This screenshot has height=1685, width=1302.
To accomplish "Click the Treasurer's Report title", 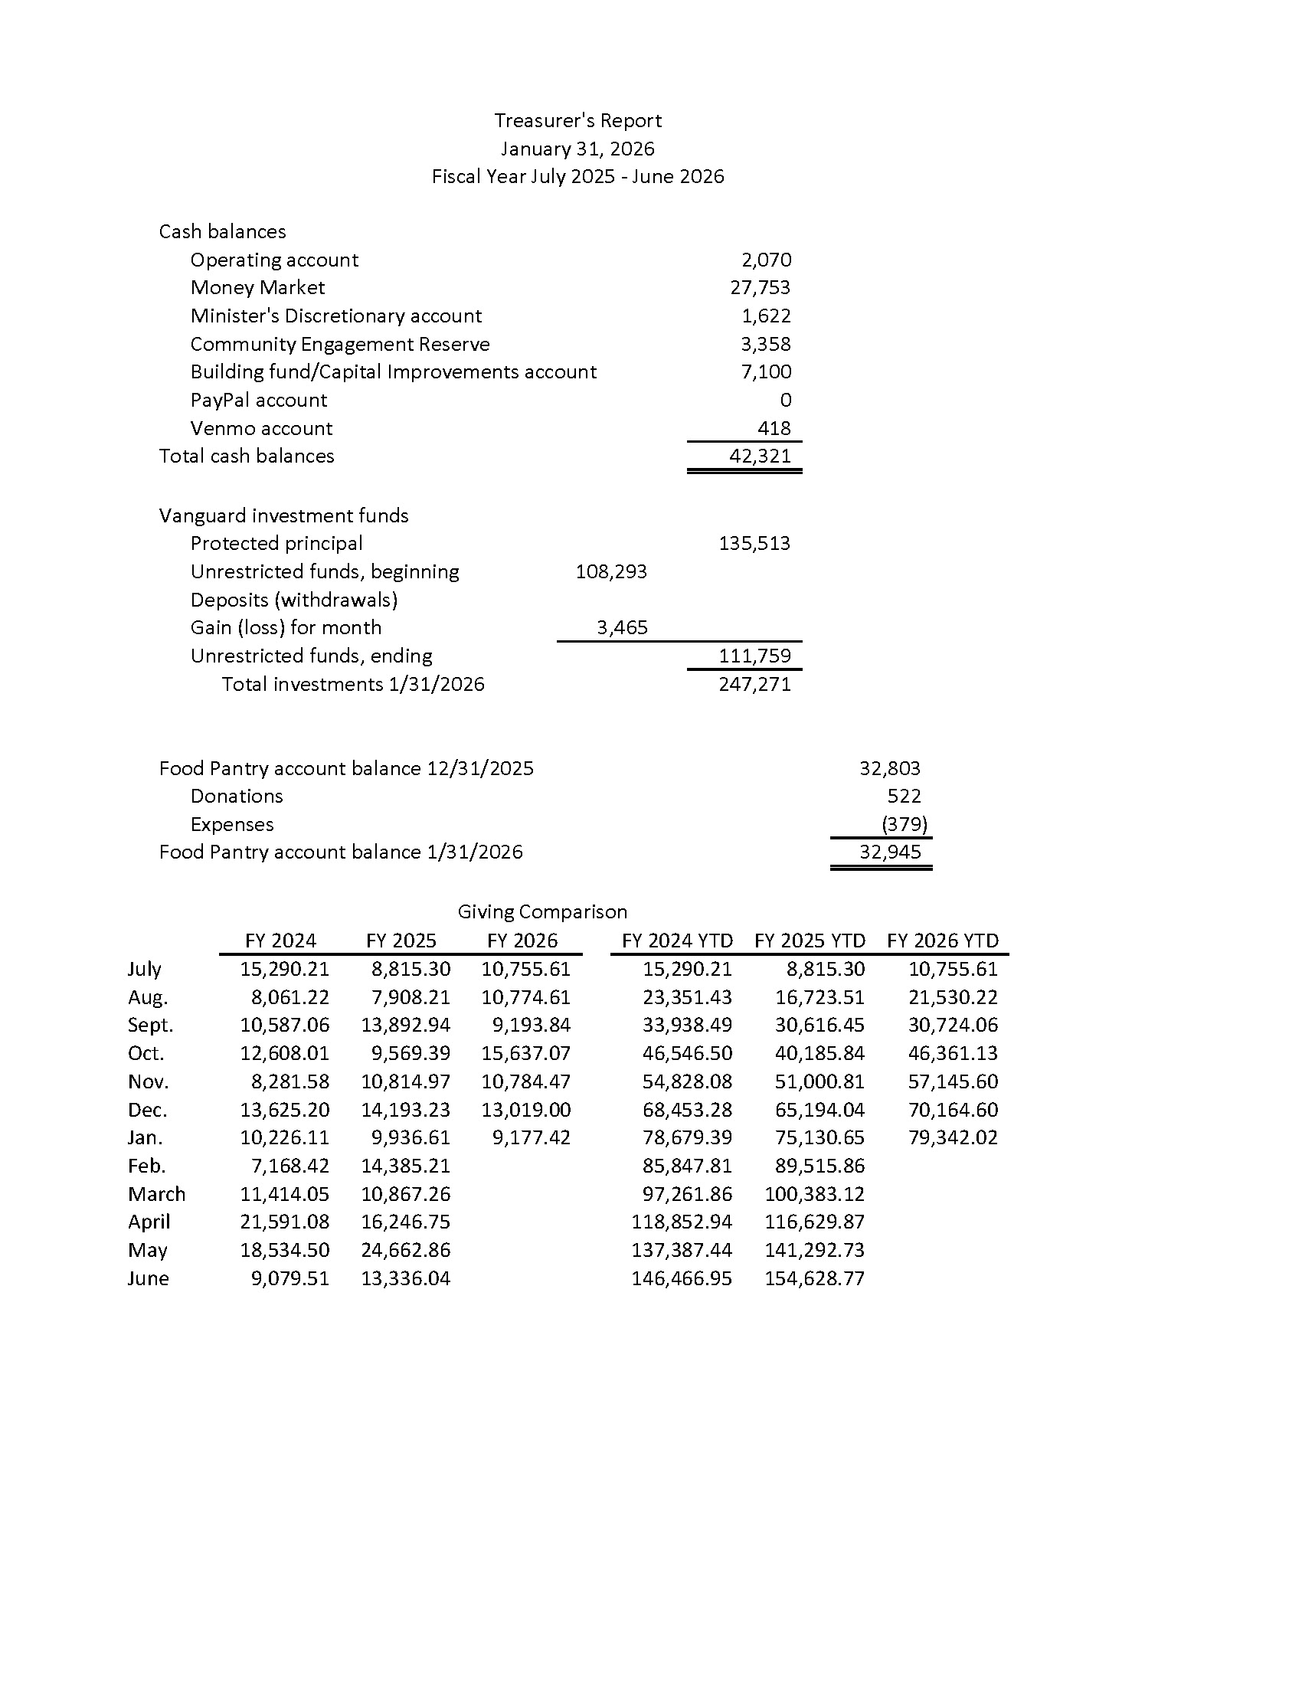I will point(577,120).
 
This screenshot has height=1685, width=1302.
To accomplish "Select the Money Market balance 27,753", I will point(760,288).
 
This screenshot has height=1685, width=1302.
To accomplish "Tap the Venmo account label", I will point(260,428).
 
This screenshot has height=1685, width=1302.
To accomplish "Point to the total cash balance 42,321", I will point(760,456).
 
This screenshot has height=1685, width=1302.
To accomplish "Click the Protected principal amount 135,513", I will point(754,543).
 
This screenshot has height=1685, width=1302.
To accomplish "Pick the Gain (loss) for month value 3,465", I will point(622,627).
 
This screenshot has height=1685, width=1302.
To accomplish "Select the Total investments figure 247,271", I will point(754,684).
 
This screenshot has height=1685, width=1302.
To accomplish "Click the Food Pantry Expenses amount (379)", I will point(904,824).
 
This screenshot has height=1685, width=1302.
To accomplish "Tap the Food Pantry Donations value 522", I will point(904,797).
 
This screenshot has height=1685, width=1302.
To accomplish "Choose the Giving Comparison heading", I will point(542,912).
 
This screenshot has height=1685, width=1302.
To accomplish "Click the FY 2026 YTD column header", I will point(943,941).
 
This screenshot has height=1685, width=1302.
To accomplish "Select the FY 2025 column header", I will point(401,941).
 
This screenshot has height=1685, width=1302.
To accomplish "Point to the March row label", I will point(156,1194).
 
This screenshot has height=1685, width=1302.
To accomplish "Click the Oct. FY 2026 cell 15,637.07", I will point(526,1053).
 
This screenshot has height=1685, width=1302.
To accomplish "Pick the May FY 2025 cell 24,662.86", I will point(406,1250).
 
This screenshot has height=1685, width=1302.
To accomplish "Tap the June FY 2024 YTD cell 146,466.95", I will point(681,1278).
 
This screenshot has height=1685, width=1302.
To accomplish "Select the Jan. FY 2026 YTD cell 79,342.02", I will point(953,1137).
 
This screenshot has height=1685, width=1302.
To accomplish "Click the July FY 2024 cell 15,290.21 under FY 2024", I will point(285,969).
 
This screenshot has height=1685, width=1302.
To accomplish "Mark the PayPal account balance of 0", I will point(785,400).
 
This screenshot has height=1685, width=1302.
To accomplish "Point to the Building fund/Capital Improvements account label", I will point(394,372).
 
